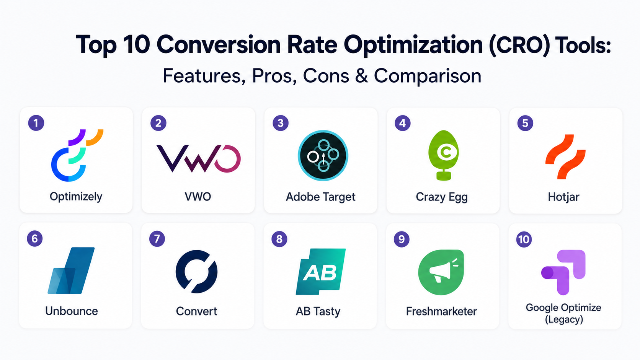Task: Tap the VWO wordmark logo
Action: (198, 158)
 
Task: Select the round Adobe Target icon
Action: (323, 156)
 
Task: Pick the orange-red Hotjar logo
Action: (565, 157)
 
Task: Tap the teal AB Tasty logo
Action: (320, 272)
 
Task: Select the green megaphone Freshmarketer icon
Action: (441, 272)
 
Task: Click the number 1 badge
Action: (36, 123)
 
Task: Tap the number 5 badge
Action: (525, 123)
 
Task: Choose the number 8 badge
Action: (279, 239)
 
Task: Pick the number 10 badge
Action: (524, 239)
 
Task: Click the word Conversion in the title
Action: (219, 44)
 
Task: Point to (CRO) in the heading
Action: (519, 45)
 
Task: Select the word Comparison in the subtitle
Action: (428, 76)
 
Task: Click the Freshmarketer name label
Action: (441, 311)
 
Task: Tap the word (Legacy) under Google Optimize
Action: (564, 319)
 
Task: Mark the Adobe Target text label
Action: (320, 197)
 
